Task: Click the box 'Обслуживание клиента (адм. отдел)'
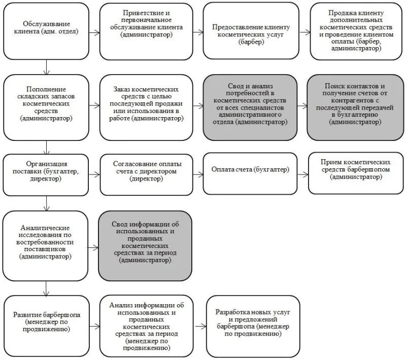[x=46, y=31]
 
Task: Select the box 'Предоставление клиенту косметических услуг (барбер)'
[x=251, y=31]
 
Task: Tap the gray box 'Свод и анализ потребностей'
[x=250, y=107]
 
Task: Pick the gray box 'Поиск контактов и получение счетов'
[x=355, y=107]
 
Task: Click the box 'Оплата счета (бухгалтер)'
[x=250, y=173]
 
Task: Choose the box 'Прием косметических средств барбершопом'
[x=356, y=173]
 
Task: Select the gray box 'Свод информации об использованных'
[x=145, y=246]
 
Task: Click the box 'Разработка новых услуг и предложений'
[x=253, y=327]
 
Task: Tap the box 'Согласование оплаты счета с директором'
[x=147, y=174]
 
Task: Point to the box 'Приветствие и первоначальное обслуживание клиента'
[x=146, y=31]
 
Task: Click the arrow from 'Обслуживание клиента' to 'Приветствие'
[x=94, y=32]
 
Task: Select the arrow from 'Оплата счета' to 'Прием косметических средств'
[x=302, y=174]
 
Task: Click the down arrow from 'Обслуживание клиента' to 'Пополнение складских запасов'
[x=46, y=67]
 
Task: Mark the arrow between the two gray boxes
[x=302, y=105]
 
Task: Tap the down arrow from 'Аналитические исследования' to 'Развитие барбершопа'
[x=46, y=289]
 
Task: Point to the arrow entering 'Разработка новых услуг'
[x=200, y=327]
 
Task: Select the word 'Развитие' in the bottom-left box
[x=27, y=315]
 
